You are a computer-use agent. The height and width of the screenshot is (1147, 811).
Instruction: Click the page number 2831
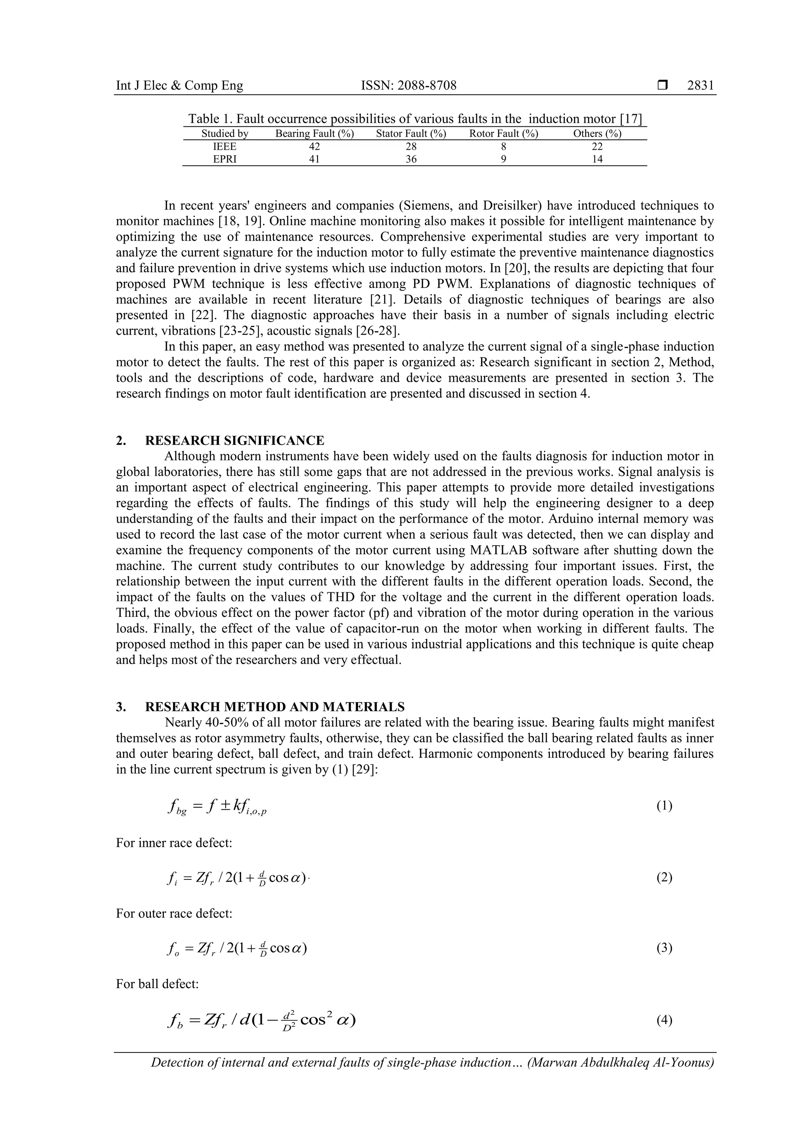[x=701, y=86]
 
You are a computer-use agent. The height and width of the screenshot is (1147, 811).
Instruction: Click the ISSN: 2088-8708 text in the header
[x=408, y=86]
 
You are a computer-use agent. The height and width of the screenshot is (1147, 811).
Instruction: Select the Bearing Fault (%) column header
[x=314, y=134]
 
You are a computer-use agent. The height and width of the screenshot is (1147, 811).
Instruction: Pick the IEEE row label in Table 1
[x=225, y=147]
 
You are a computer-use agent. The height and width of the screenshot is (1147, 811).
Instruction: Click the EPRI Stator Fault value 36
[x=411, y=160]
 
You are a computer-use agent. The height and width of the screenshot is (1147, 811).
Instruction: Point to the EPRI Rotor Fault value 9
[x=503, y=160]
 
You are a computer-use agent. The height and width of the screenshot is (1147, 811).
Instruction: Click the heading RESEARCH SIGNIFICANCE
[x=234, y=441]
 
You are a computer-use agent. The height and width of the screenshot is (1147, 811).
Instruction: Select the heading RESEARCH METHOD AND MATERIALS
[x=274, y=707]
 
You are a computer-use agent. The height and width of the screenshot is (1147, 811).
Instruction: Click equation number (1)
[x=664, y=806]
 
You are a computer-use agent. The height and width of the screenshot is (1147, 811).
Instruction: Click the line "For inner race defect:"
[x=174, y=843]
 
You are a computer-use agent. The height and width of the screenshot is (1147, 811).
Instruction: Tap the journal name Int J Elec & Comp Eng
[x=179, y=86]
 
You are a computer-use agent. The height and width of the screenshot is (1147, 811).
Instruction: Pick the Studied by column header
[x=225, y=134]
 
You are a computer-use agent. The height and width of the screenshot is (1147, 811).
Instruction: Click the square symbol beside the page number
[x=662, y=86]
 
